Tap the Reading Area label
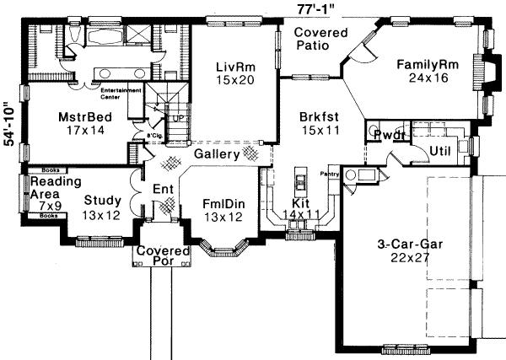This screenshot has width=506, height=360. (x=56, y=187)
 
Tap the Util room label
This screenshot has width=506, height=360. (x=442, y=149)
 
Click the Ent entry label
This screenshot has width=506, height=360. (x=162, y=190)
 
